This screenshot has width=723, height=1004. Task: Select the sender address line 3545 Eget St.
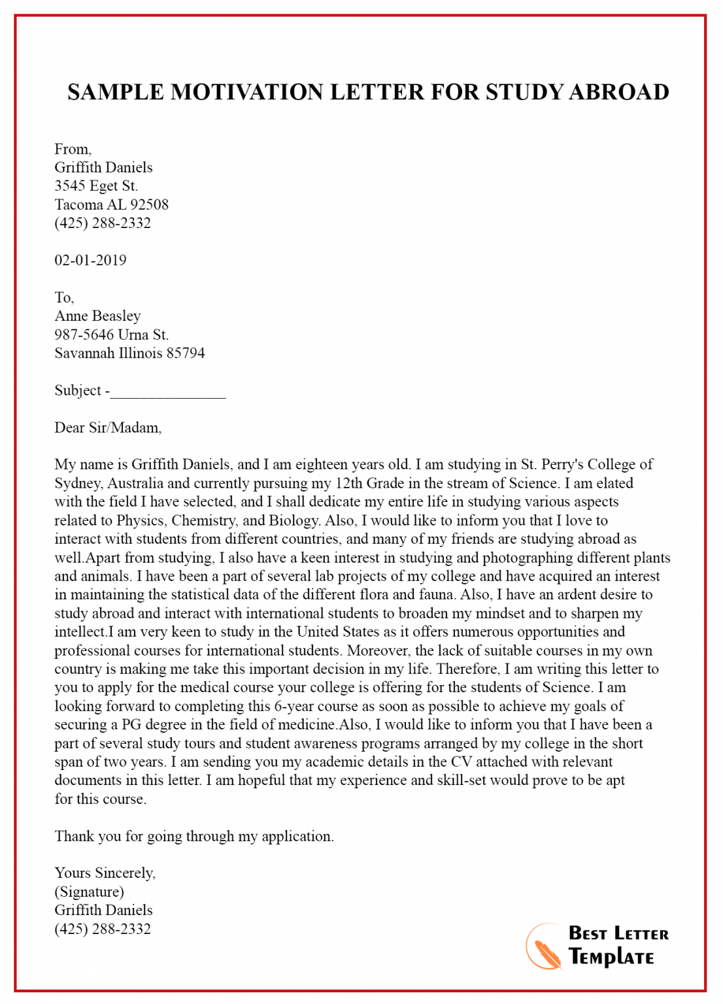pyautogui.click(x=96, y=186)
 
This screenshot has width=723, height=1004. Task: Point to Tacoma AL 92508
pyautogui.click(x=111, y=205)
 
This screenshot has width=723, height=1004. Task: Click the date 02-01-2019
pyautogui.click(x=90, y=260)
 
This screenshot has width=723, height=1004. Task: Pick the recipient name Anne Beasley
pyautogui.click(x=97, y=316)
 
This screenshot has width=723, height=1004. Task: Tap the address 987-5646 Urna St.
pyautogui.click(x=111, y=335)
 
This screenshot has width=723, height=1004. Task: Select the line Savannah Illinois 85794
pyautogui.click(x=129, y=354)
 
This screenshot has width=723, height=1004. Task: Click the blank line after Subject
pyautogui.click(x=168, y=392)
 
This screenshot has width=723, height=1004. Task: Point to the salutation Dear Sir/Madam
pyautogui.click(x=108, y=428)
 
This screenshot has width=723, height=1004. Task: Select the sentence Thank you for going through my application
pyautogui.click(x=194, y=837)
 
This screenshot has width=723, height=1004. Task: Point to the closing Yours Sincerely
pyautogui.click(x=105, y=873)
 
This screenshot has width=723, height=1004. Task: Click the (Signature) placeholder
pyautogui.click(x=89, y=892)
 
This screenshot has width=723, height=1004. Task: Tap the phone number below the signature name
pyautogui.click(x=103, y=929)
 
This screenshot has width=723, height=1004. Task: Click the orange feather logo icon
pyautogui.click(x=545, y=948)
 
